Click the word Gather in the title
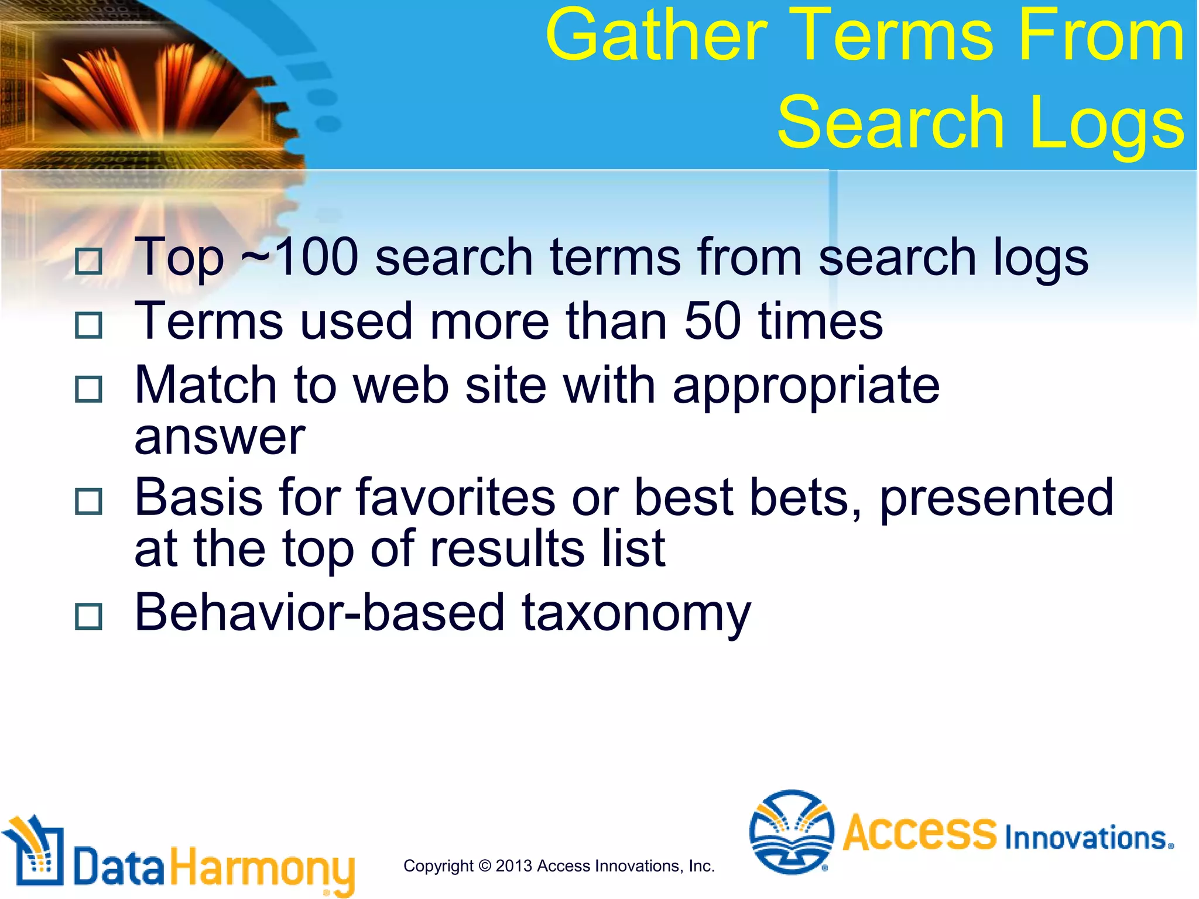[656, 36]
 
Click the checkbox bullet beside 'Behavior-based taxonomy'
[89, 616]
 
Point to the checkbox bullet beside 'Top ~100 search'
[89, 261]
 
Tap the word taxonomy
[636, 613]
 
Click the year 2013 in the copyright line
[513, 866]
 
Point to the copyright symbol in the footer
[484, 866]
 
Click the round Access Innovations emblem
[792, 831]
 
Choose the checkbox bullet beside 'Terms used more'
[89, 325]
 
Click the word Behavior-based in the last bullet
[319, 612]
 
